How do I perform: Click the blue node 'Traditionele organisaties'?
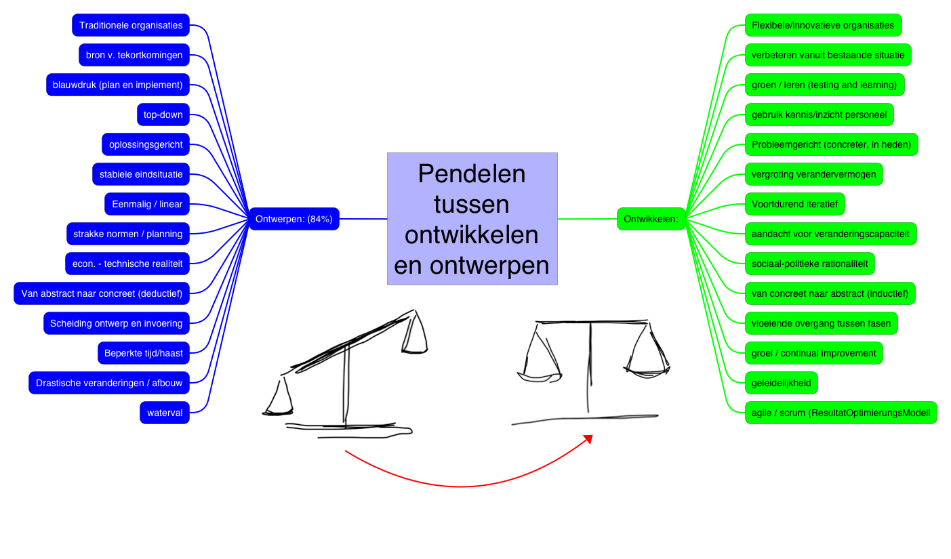pyautogui.click(x=131, y=25)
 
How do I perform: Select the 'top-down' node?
pyautogui.click(x=163, y=115)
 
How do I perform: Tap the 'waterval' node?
pyautogui.click(x=165, y=413)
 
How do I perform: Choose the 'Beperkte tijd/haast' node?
pyautogui.click(x=144, y=353)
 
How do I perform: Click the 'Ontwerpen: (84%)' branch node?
pyautogui.click(x=294, y=219)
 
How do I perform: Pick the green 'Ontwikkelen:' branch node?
pyautogui.click(x=651, y=219)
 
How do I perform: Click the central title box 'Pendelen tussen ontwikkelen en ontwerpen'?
pyautogui.click(x=472, y=219)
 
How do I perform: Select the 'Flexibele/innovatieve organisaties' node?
pyautogui.click(x=823, y=25)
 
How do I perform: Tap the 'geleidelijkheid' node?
pyautogui.click(x=781, y=383)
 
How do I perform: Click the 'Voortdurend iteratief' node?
pyautogui.click(x=794, y=204)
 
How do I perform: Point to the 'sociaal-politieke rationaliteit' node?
pyautogui.click(x=809, y=264)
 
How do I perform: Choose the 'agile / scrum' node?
pyautogui.click(x=841, y=413)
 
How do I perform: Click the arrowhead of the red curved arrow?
pyautogui.click(x=588, y=439)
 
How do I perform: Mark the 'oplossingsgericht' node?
pyautogui.click(x=146, y=144)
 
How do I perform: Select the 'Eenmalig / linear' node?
pyautogui.click(x=147, y=204)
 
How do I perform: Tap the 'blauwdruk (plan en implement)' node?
pyautogui.click(x=118, y=85)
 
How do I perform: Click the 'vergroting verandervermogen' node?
pyautogui.click(x=813, y=174)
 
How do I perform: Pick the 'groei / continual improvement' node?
pyautogui.click(x=813, y=353)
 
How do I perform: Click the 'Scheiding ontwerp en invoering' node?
pyautogui.click(x=116, y=323)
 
